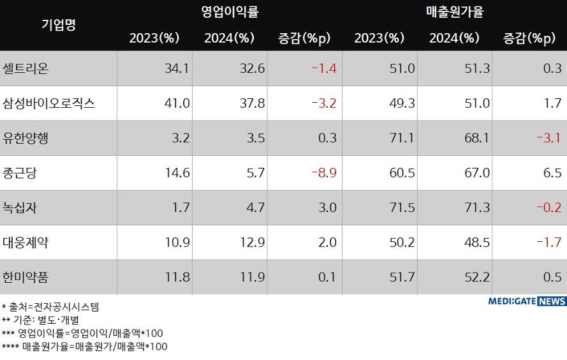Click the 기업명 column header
58,25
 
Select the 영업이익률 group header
230,11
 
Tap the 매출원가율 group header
455,11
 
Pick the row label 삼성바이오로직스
48,103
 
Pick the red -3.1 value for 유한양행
549,138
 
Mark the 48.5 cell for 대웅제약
475,243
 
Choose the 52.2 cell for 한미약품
475,277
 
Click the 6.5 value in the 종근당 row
552,173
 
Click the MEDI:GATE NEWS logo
526,301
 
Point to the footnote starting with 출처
50,306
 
